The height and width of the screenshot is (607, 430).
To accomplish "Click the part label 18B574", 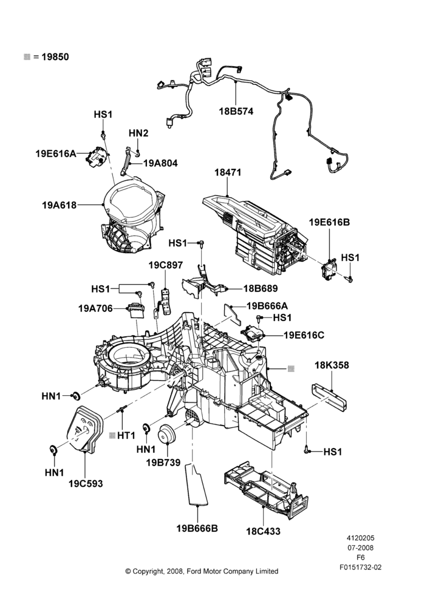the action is click(x=236, y=111).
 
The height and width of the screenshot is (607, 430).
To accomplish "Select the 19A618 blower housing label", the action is click(x=60, y=205).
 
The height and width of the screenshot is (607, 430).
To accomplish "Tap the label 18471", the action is click(x=228, y=172).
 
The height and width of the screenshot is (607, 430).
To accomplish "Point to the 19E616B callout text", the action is click(x=329, y=222).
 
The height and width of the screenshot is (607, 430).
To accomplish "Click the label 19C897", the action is click(x=165, y=265).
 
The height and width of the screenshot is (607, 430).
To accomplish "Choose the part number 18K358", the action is click(x=332, y=365).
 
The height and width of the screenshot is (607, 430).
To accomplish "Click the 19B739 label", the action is click(x=163, y=462).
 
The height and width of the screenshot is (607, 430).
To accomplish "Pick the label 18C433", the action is click(x=263, y=531).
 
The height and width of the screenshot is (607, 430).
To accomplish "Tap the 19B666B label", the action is click(x=197, y=529).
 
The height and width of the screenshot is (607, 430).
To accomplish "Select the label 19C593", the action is click(x=86, y=484).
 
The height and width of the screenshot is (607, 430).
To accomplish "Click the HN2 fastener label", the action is click(x=138, y=133).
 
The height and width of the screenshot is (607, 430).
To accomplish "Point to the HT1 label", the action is click(x=126, y=435).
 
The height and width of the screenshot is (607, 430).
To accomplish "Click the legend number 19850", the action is click(x=55, y=57).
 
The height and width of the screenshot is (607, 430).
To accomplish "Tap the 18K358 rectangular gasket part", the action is click(x=329, y=397).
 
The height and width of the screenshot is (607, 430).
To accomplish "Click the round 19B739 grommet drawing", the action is click(x=167, y=433).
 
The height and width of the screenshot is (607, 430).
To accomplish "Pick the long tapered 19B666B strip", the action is click(x=197, y=484).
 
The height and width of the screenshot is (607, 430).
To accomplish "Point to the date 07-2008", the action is click(x=360, y=548).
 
